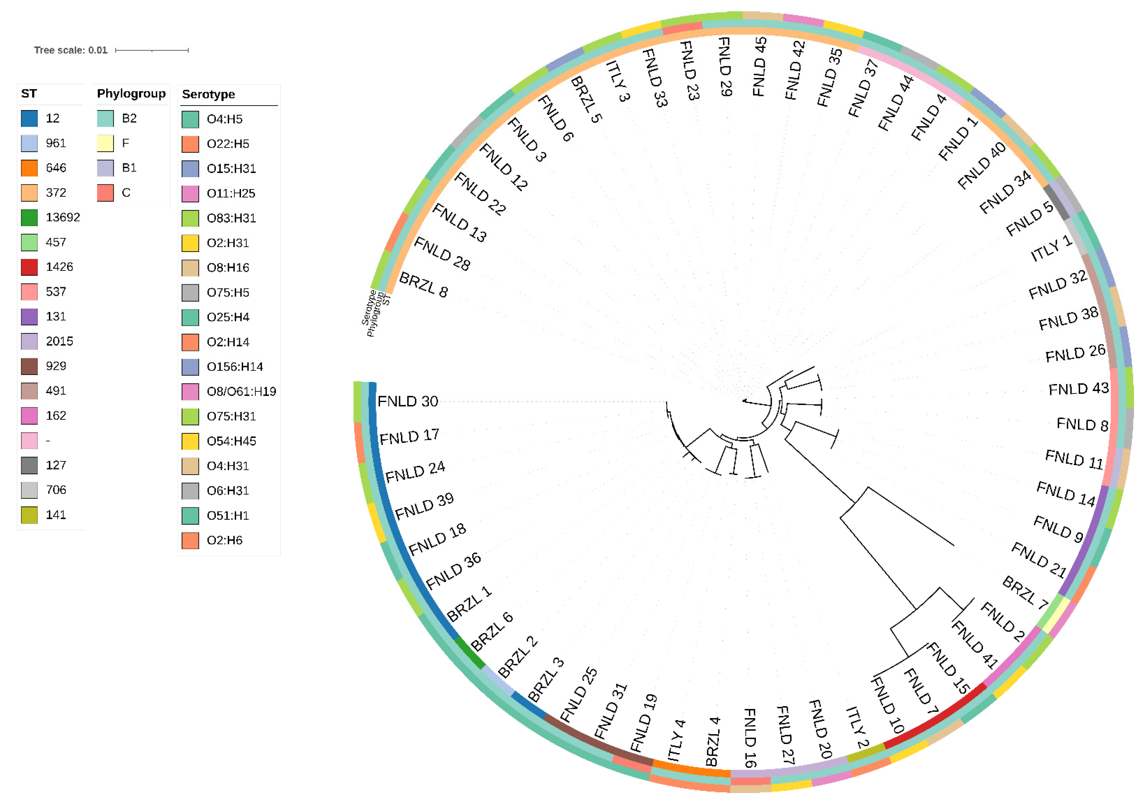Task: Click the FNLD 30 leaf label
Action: click(x=408, y=401)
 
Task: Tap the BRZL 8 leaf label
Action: click(x=423, y=285)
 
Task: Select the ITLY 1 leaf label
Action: click(x=1051, y=248)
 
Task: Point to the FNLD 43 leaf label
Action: click(x=1078, y=389)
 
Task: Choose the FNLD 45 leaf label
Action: click(x=760, y=66)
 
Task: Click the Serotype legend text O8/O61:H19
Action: click(x=241, y=391)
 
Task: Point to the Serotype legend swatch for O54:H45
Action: click(x=190, y=441)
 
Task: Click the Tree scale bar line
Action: click(x=152, y=50)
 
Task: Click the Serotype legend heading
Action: click(x=209, y=94)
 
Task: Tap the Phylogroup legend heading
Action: click(x=131, y=94)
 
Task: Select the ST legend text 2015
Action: click(x=59, y=341)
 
